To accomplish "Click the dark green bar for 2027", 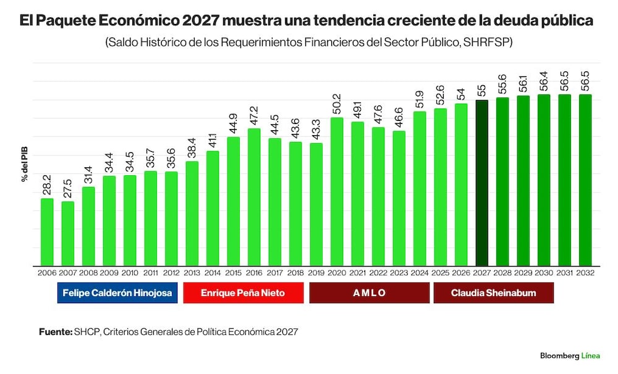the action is coord(481,183).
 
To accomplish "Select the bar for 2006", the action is coord(47,232).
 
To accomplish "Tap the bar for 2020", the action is coord(337,192).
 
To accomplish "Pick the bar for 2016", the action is coord(254,197).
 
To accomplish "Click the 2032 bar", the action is coord(585,180).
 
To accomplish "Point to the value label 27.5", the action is coord(67,189).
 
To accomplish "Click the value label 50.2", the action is coord(337,104).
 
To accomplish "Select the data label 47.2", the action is coord(254,116).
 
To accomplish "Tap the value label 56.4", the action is coord(544,81).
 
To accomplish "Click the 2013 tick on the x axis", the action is coord(192,273).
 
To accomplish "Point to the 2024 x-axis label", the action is coord(420,273).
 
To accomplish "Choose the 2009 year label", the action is coord(109,273).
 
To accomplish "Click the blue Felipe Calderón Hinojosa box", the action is coord(117,293).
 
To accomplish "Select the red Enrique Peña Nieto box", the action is coord(243,293).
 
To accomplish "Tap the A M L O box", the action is coord(370,293).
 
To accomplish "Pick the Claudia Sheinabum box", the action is coord(493,293).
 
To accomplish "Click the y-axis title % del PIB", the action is coord(25,164).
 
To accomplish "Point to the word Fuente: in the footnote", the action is coord(56,332).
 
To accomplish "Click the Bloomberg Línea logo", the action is coord(570,356).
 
